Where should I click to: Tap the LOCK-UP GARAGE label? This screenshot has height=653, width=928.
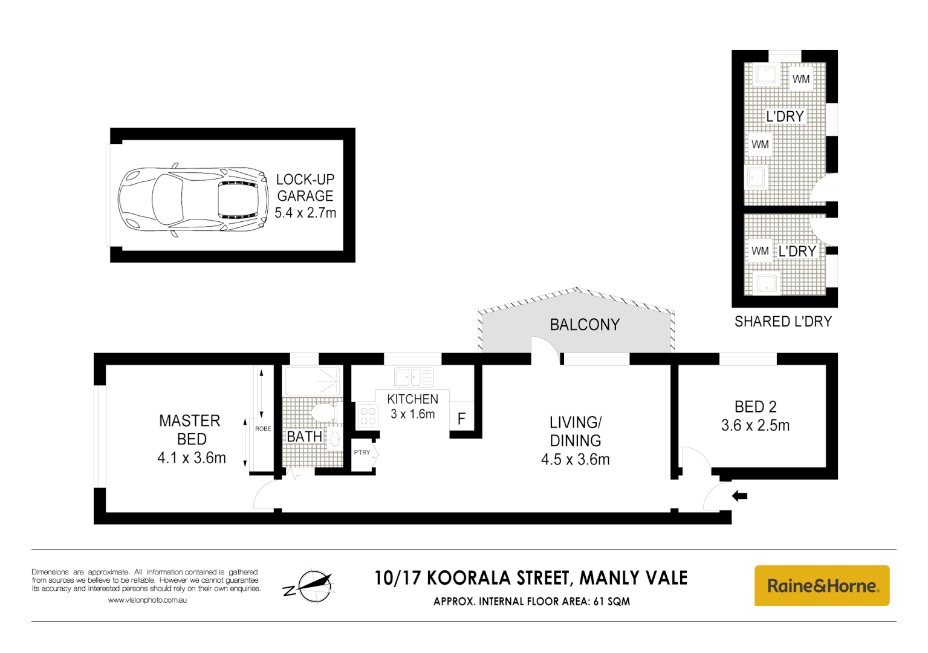305,188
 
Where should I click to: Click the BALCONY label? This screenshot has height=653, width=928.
585,325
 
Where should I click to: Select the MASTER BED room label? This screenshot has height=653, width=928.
190,430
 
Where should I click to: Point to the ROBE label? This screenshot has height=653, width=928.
263,429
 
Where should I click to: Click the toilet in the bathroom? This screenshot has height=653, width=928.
323,414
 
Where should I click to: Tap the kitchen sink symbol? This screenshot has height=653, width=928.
414,377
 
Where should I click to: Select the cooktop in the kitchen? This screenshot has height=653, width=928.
368,416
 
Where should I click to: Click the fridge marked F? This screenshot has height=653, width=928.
461,418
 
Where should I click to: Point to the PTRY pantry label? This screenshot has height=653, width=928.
362,452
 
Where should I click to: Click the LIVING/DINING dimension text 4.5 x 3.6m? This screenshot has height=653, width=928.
575,460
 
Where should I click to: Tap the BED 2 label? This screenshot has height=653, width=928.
755,407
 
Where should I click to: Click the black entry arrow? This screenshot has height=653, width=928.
740,496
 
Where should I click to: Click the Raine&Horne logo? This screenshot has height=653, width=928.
822,585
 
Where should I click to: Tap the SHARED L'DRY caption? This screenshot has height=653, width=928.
783,322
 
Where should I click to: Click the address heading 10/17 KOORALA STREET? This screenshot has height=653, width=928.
531,578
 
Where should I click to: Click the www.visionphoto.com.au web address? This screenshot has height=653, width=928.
148,600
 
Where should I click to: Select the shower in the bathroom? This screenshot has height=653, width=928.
313,381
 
